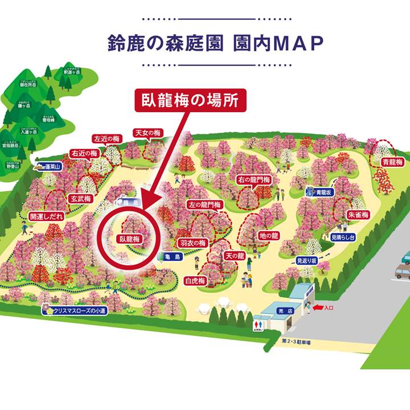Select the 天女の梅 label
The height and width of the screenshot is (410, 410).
coord(148,133)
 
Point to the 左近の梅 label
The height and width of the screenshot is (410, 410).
coord(107,139)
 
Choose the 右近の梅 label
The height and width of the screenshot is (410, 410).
coord(84,153)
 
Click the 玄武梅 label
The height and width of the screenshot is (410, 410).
coord(81,199)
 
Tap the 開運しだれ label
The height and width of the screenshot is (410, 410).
coord(47,217)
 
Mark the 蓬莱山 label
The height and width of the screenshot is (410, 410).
coord(48,167)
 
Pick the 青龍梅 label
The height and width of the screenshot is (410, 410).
coord(393,162)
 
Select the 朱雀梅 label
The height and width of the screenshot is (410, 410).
coord(358,215)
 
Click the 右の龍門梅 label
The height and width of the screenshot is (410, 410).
coord(253,181)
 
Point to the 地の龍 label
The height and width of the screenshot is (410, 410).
coord(268,235)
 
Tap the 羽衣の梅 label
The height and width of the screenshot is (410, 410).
coord(192,243)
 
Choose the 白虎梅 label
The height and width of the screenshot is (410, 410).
coord(195,281)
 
